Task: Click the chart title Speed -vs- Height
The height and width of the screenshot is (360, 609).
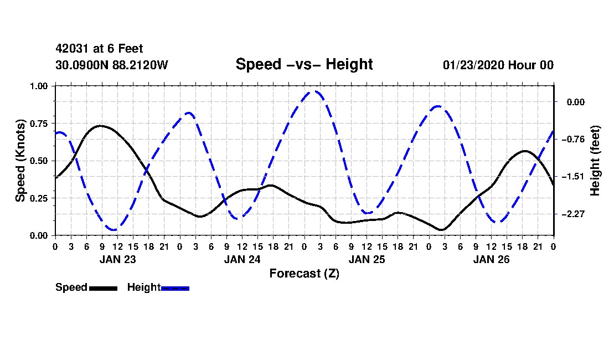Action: point(304,64)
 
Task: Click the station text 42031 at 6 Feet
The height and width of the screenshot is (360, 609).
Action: point(99,49)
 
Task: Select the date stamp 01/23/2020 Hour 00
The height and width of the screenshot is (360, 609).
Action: point(498,65)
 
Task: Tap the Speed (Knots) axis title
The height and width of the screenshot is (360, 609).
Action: point(20,160)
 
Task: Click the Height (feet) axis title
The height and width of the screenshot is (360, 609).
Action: point(595,161)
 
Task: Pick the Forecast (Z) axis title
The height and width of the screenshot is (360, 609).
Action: point(304,273)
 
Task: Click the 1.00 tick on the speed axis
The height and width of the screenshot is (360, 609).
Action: point(39,86)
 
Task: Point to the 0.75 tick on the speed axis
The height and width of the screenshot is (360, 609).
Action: point(39,124)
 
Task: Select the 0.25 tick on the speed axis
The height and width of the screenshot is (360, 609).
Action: point(39,198)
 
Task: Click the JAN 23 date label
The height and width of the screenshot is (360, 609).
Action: point(117,259)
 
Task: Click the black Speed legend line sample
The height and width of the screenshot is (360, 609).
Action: point(102,288)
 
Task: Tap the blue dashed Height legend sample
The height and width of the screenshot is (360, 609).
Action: point(175,288)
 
